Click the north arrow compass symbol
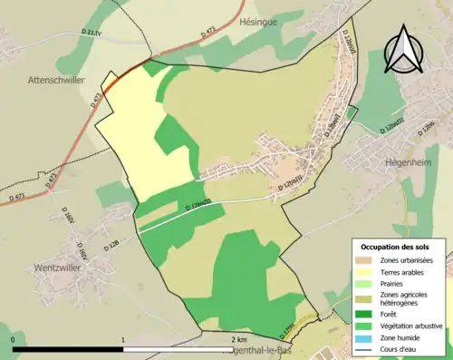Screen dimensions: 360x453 (x=405, y=49)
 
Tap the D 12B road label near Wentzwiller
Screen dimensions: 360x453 (x=111, y=245)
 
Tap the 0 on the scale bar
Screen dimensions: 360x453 (x=14, y=340)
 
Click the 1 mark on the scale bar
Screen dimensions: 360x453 (x=123, y=340)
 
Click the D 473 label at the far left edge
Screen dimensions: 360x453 (x=17, y=198)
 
